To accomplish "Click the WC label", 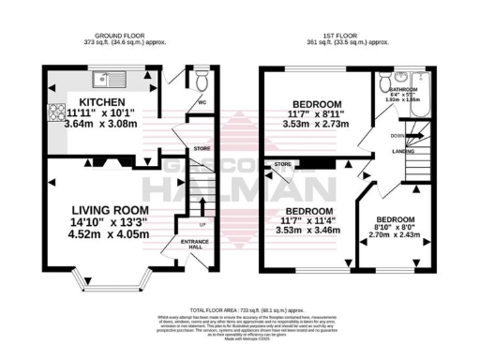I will point(202,103).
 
